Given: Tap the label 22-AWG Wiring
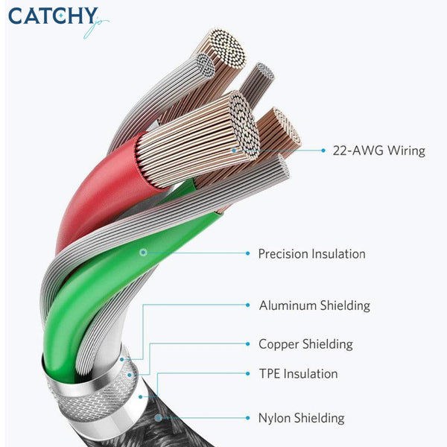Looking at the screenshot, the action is click(x=379, y=150).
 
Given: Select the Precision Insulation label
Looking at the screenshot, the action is click(x=311, y=254).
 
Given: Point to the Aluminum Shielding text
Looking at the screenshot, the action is click(x=314, y=305).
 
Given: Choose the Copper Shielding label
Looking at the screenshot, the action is click(x=305, y=344).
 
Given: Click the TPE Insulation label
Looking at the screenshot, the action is click(x=298, y=374).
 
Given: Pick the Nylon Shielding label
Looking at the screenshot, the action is click(x=301, y=418).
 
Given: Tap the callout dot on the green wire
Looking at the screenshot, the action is click(x=143, y=253).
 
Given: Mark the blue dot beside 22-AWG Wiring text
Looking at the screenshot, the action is click(x=323, y=150).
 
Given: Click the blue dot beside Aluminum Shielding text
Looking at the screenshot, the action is click(x=248, y=305).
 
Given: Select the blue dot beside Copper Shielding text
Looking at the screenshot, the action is click(x=248, y=344).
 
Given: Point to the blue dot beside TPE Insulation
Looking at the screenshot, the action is click(x=248, y=373).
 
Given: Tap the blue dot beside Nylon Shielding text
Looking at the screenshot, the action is click(x=248, y=418).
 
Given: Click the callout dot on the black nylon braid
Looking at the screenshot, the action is click(x=158, y=418).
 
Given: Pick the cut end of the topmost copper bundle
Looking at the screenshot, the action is click(x=227, y=48).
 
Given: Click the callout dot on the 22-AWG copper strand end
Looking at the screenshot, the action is click(x=234, y=150).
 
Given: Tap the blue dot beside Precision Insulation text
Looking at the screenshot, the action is click(x=248, y=253).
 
